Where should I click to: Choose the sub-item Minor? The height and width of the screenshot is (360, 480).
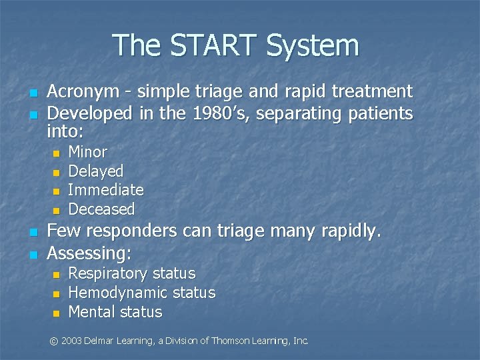point(87,152)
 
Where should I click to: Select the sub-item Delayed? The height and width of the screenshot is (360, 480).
point(95,171)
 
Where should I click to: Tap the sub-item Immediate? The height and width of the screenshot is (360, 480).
point(106,190)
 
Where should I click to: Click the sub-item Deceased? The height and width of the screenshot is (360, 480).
point(101,209)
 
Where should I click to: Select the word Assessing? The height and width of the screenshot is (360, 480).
point(89,253)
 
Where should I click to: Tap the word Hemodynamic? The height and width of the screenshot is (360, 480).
point(118,293)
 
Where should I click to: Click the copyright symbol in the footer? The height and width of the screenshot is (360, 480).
point(54,341)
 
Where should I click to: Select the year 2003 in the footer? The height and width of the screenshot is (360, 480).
point(71,341)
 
